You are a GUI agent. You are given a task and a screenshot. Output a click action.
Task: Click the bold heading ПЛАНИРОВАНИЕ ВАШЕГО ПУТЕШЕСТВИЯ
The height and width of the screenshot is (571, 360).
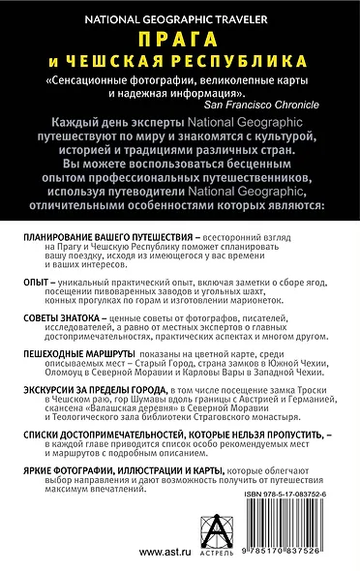pyautogui.click(x=100, y=237)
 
